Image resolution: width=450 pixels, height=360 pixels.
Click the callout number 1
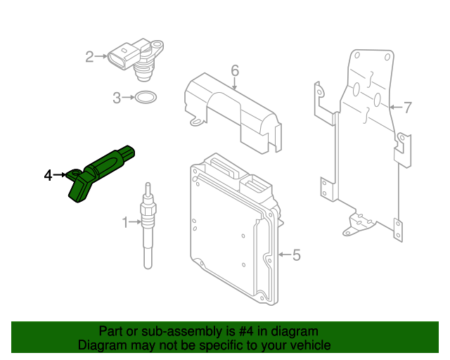click(x=125, y=223)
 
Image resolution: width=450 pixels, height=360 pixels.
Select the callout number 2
click(x=90, y=56)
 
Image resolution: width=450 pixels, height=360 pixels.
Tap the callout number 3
click(x=117, y=98)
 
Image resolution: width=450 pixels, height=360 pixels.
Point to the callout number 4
click(x=48, y=175)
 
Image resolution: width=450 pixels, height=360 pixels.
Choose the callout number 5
click(x=296, y=255)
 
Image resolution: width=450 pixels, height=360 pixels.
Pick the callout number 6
click(x=235, y=70)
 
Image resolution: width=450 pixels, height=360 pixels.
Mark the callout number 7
click(x=407, y=108)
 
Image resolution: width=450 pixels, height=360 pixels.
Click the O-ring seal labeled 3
click(x=145, y=98)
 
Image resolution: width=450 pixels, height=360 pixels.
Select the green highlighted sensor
click(x=102, y=173)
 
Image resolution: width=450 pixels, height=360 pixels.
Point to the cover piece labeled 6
click(x=232, y=112)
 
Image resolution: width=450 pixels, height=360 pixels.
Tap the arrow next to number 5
click(x=283, y=255)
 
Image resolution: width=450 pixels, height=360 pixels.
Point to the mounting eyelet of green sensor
click(x=74, y=173)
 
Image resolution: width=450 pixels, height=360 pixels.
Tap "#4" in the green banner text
click(x=250, y=331)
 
